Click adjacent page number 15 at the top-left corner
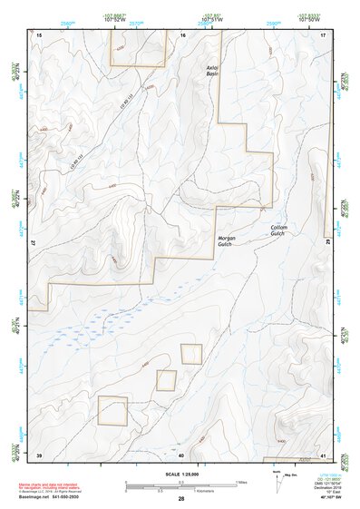click(39, 34)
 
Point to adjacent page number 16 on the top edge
click(182, 34)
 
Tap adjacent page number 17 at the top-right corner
click(323, 34)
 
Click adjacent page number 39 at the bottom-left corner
click(39, 455)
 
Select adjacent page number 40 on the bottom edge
click(181, 455)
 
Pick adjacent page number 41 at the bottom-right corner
click(323, 455)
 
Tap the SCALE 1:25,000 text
click(180, 475)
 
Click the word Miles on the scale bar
click(241, 482)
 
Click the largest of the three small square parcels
click(112, 411)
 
